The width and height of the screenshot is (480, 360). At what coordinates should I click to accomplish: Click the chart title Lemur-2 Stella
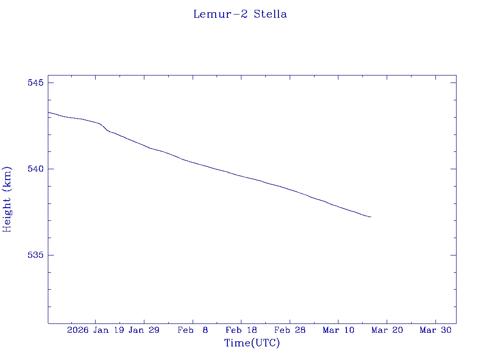(x=240, y=14)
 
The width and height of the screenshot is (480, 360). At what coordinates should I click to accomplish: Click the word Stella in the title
(x=270, y=14)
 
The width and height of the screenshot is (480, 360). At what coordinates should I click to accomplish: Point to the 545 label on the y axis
(x=36, y=83)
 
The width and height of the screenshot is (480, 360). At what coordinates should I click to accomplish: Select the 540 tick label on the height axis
(x=36, y=169)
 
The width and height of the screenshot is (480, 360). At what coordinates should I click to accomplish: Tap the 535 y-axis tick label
(x=36, y=255)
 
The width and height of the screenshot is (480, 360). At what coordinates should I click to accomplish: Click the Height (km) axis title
(x=7, y=199)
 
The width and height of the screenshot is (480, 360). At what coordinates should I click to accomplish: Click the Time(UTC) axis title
(x=252, y=343)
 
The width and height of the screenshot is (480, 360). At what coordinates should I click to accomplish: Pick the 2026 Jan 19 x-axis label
(x=95, y=330)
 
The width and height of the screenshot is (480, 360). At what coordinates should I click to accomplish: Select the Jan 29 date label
(x=144, y=330)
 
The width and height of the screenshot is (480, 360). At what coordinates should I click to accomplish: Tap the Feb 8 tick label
(x=193, y=330)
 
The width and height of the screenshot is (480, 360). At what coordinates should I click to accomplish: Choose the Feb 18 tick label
(x=241, y=330)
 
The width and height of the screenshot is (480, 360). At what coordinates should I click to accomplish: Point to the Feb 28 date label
(x=290, y=330)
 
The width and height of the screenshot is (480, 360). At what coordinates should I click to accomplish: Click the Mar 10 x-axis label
(x=338, y=330)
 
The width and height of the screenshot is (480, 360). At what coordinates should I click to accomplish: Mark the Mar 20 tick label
(x=387, y=330)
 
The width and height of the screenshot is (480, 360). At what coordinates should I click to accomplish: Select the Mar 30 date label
(x=435, y=330)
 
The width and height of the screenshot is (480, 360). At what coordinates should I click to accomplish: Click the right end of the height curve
(x=371, y=217)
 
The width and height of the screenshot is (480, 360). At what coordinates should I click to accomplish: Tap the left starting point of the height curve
(x=48, y=112)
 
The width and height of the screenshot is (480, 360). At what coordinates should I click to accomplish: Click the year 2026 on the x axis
(x=78, y=330)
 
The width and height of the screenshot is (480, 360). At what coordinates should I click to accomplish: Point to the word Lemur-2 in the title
(x=220, y=14)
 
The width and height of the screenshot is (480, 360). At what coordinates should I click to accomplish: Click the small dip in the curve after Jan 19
(x=107, y=130)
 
